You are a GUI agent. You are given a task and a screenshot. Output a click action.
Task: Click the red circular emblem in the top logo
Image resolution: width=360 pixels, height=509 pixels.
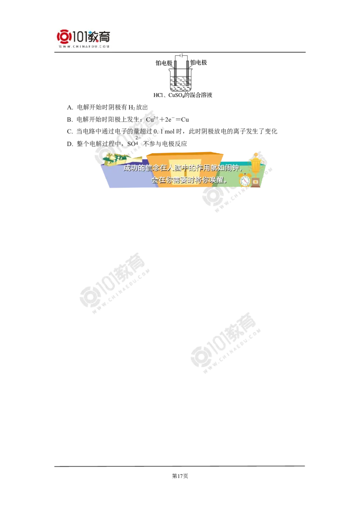63,37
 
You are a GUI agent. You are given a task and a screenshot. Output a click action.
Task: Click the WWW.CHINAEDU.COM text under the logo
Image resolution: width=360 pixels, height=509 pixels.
84,46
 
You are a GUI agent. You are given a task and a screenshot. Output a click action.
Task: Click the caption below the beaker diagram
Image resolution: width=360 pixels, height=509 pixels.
182,95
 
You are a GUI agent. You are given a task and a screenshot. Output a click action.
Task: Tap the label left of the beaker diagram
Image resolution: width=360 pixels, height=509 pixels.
164,64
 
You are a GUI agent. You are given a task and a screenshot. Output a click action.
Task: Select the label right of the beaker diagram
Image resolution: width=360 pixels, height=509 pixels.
198,64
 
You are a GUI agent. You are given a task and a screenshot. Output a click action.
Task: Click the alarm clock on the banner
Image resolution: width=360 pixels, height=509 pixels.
245,180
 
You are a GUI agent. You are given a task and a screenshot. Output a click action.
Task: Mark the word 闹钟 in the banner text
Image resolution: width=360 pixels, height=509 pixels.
234,168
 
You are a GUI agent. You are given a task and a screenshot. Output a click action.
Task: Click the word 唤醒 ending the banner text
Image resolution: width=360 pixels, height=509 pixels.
220,180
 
